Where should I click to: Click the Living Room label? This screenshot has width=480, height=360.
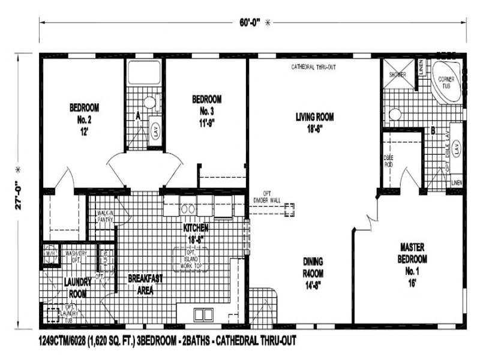tap(314, 122)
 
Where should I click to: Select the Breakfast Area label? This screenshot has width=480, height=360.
tap(145, 284)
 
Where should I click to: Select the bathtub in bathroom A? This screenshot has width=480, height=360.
tap(145, 73)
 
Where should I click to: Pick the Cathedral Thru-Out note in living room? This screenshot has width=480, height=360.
tap(313, 66)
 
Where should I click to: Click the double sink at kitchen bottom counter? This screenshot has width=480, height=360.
tap(203, 314)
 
